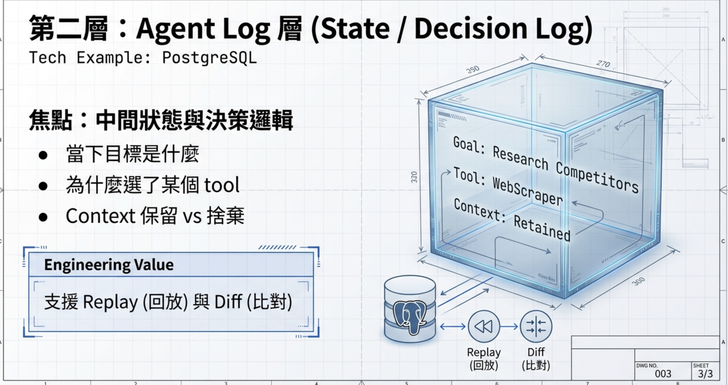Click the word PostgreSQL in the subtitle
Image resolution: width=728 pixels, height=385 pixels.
coord(209,58)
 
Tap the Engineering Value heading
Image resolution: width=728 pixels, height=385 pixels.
coord(109,265)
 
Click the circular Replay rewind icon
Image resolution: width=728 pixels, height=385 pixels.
coord(484,327)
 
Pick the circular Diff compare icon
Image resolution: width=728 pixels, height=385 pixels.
coord(536,327)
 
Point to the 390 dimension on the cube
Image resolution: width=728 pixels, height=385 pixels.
coord(473,69)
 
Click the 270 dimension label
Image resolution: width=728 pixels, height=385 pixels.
coord(603,64)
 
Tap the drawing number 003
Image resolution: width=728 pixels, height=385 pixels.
coord(663,374)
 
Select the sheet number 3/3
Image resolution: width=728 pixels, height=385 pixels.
coord(705,374)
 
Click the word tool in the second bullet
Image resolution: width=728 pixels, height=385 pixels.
coord(222,185)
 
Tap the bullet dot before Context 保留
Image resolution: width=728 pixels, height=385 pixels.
coord(43,217)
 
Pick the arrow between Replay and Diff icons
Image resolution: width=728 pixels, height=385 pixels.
coord(509,327)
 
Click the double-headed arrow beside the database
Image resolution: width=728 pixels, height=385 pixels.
coord(453,327)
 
